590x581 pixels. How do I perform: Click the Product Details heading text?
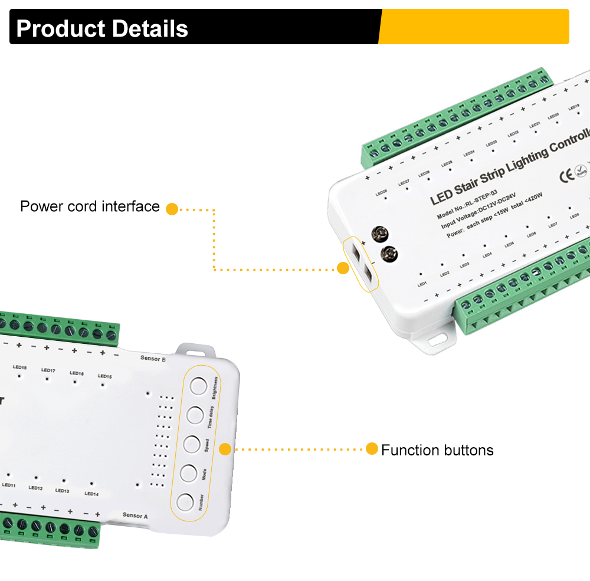(x=102, y=28)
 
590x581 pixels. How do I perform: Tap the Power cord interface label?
(x=90, y=206)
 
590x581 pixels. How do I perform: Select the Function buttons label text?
(x=437, y=451)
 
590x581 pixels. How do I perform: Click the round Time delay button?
(x=195, y=415)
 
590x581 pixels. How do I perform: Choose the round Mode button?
(x=188, y=472)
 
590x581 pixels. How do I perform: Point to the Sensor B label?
(x=153, y=358)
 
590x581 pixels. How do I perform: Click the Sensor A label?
(x=135, y=515)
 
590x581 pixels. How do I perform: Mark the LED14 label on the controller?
(x=91, y=494)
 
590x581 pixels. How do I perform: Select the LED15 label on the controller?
(x=104, y=376)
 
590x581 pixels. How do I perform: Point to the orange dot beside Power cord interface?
(x=172, y=209)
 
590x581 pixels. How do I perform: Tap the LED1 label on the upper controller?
(x=422, y=284)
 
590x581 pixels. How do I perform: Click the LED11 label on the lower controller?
(x=9, y=485)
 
